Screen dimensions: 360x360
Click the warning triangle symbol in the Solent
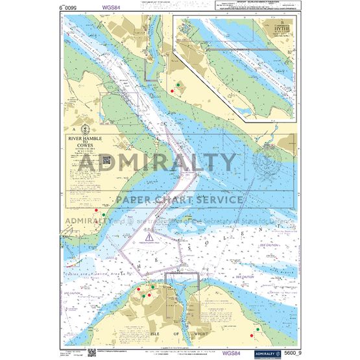150,237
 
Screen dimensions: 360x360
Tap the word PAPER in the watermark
139,198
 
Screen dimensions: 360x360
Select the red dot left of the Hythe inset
171,91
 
